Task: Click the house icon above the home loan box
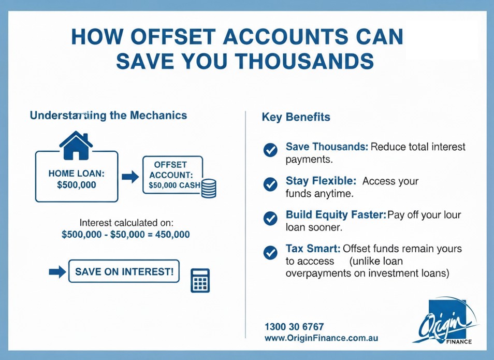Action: click(76, 146)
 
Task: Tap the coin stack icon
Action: click(209, 189)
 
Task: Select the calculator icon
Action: click(200, 281)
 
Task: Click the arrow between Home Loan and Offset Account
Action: click(130, 177)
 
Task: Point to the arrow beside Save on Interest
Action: click(57, 271)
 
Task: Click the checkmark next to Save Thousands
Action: click(270, 150)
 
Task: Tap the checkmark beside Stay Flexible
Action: click(270, 184)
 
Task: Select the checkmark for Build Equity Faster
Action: click(270, 218)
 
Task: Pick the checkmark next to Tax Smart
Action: click(270, 252)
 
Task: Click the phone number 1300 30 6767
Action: click(294, 326)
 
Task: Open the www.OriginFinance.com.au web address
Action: click(322, 338)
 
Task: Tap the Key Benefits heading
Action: click(296, 117)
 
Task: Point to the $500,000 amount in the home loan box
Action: click(77, 185)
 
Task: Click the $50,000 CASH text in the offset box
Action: click(175, 185)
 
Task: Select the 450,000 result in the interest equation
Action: click(172, 234)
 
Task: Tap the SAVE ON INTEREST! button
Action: click(124, 271)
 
